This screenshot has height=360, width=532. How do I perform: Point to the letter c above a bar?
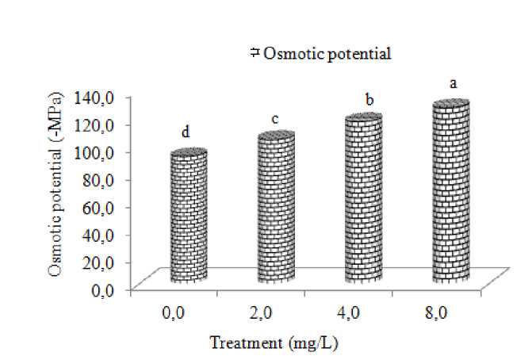274,119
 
